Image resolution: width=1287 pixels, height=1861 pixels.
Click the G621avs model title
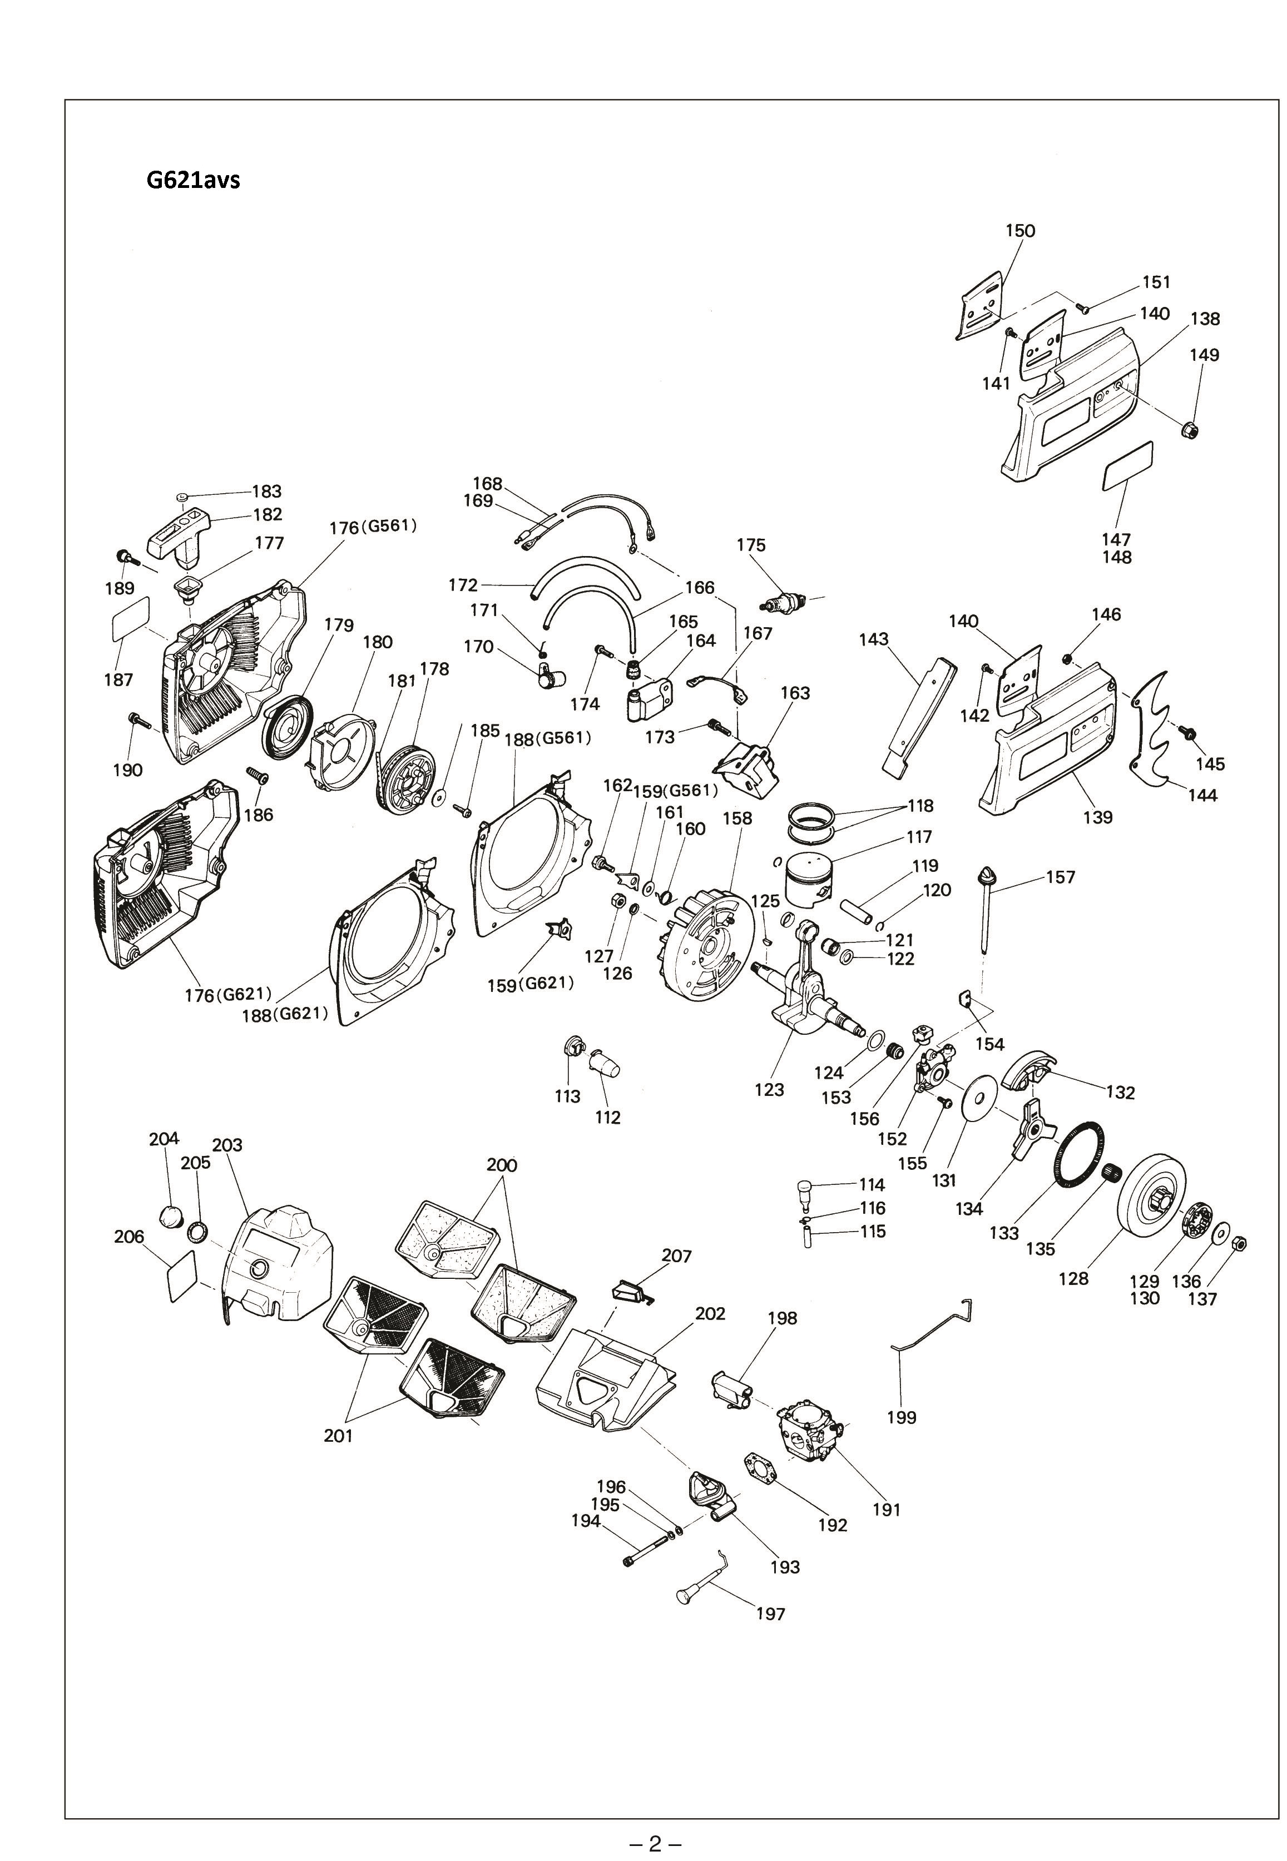(193, 179)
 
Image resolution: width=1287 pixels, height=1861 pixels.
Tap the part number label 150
(1020, 231)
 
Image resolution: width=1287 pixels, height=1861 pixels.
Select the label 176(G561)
(373, 527)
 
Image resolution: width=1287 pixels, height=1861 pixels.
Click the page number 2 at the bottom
(655, 1837)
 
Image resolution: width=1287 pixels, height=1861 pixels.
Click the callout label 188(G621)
(285, 1014)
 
